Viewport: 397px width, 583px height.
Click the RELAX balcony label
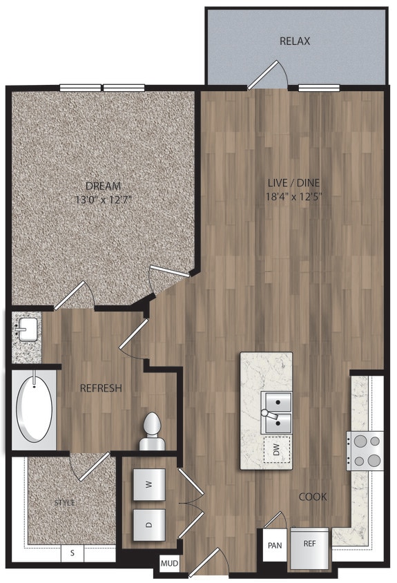[295, 41]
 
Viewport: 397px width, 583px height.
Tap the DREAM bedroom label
[104, 186]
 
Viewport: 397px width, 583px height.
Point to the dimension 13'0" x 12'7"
[104, 199]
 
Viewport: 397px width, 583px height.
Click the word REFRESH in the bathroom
[101, 388]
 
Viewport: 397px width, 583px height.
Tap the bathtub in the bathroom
[34, 408]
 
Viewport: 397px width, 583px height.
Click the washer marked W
[148, 484]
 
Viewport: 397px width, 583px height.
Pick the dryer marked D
[148, 523]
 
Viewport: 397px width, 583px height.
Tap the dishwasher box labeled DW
[276, 450]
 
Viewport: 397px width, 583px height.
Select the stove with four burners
[365, 450]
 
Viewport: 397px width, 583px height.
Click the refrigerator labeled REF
[309, 544]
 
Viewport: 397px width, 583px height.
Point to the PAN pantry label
[273, 544]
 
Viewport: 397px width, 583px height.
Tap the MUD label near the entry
[169, 564]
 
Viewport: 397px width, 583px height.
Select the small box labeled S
[72, 553]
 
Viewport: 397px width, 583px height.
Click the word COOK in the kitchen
[313, 497]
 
